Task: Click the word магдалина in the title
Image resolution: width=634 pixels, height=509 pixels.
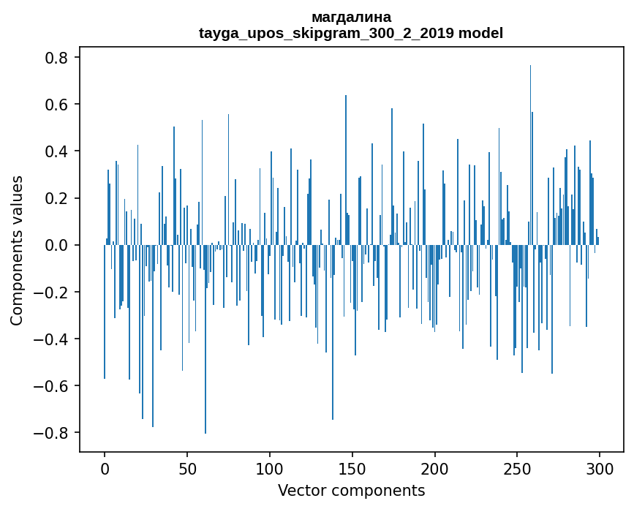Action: coord(351,17)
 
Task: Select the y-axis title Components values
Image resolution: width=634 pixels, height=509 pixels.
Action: coord(17,250)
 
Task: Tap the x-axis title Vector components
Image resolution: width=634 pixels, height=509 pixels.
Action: coord(351,490)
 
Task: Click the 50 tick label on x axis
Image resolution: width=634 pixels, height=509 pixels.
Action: coord(187,467)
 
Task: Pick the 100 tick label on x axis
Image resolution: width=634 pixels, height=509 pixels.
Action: coord(270,467)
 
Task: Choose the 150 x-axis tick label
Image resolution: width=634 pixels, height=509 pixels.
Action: coord(352,467)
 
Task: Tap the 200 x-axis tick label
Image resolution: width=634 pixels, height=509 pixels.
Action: coord(435,467)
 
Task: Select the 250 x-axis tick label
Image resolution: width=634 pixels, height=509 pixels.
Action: coord(518,467)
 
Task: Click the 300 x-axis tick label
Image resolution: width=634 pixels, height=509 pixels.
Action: coord(600,467)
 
